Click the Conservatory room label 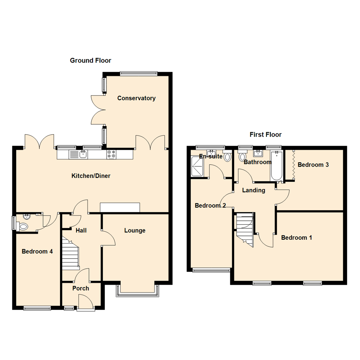tap(136, 98)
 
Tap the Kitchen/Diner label tap(91, 176)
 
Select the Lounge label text tap(135, 230)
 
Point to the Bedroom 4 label tap(37, 251)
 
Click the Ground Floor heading tap(90, 60)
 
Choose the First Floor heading tap(265, 135)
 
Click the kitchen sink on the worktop tap(82, 154)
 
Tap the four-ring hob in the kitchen tap(111, 154)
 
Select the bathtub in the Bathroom tap(277, 165)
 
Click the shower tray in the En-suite tap(197, 166)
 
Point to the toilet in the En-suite tap(228, 157)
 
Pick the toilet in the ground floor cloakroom tap(23, 227)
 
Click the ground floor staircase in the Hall tap(70, 254)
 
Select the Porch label tap(81, 288)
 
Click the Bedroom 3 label tap(313, 165)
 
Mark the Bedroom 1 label tap(296, 238)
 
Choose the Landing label tap(254, 190)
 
